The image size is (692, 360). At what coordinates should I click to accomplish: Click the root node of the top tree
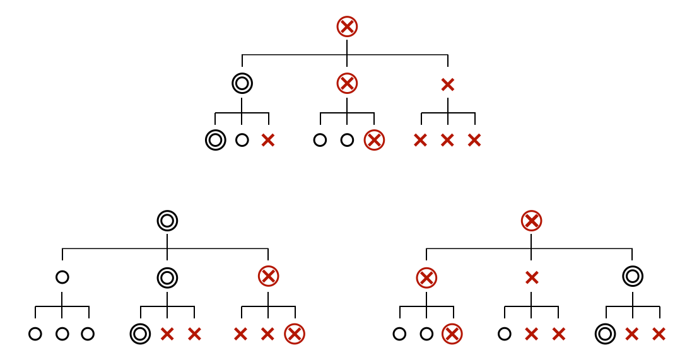point(347,26)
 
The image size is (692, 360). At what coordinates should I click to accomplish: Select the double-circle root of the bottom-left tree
point(167,221)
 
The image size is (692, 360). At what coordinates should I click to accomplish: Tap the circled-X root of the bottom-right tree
point(532,221)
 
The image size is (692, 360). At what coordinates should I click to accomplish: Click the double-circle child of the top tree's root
point(242,83)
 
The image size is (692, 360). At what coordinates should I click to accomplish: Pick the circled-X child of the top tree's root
point(347,83)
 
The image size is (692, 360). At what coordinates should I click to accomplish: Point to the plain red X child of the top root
point(448,84)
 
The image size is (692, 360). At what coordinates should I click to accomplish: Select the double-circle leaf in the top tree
point(216,140)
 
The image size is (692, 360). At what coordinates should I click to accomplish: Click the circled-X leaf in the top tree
point(374,140)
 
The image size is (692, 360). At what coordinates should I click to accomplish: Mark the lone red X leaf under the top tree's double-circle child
point(268,140)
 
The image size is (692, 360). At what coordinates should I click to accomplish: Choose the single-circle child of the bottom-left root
point(62,277)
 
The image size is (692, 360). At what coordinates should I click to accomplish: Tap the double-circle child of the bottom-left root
point(167,277)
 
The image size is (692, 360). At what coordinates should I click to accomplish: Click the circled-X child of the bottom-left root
point(268,276)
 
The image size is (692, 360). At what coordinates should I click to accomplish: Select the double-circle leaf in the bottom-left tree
point(140,334)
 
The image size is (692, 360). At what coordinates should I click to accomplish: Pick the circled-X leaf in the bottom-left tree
point(295,334)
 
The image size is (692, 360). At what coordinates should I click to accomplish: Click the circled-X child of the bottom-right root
point(426,277)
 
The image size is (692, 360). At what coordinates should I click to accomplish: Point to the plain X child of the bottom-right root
point(532,277)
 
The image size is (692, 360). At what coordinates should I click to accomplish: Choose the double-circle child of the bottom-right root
point(633,276)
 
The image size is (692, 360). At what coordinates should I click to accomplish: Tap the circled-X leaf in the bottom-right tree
point(452,334)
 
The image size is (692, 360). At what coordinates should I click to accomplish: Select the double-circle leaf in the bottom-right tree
point(606,334)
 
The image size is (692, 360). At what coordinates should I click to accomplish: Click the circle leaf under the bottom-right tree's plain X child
point(505,334)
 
